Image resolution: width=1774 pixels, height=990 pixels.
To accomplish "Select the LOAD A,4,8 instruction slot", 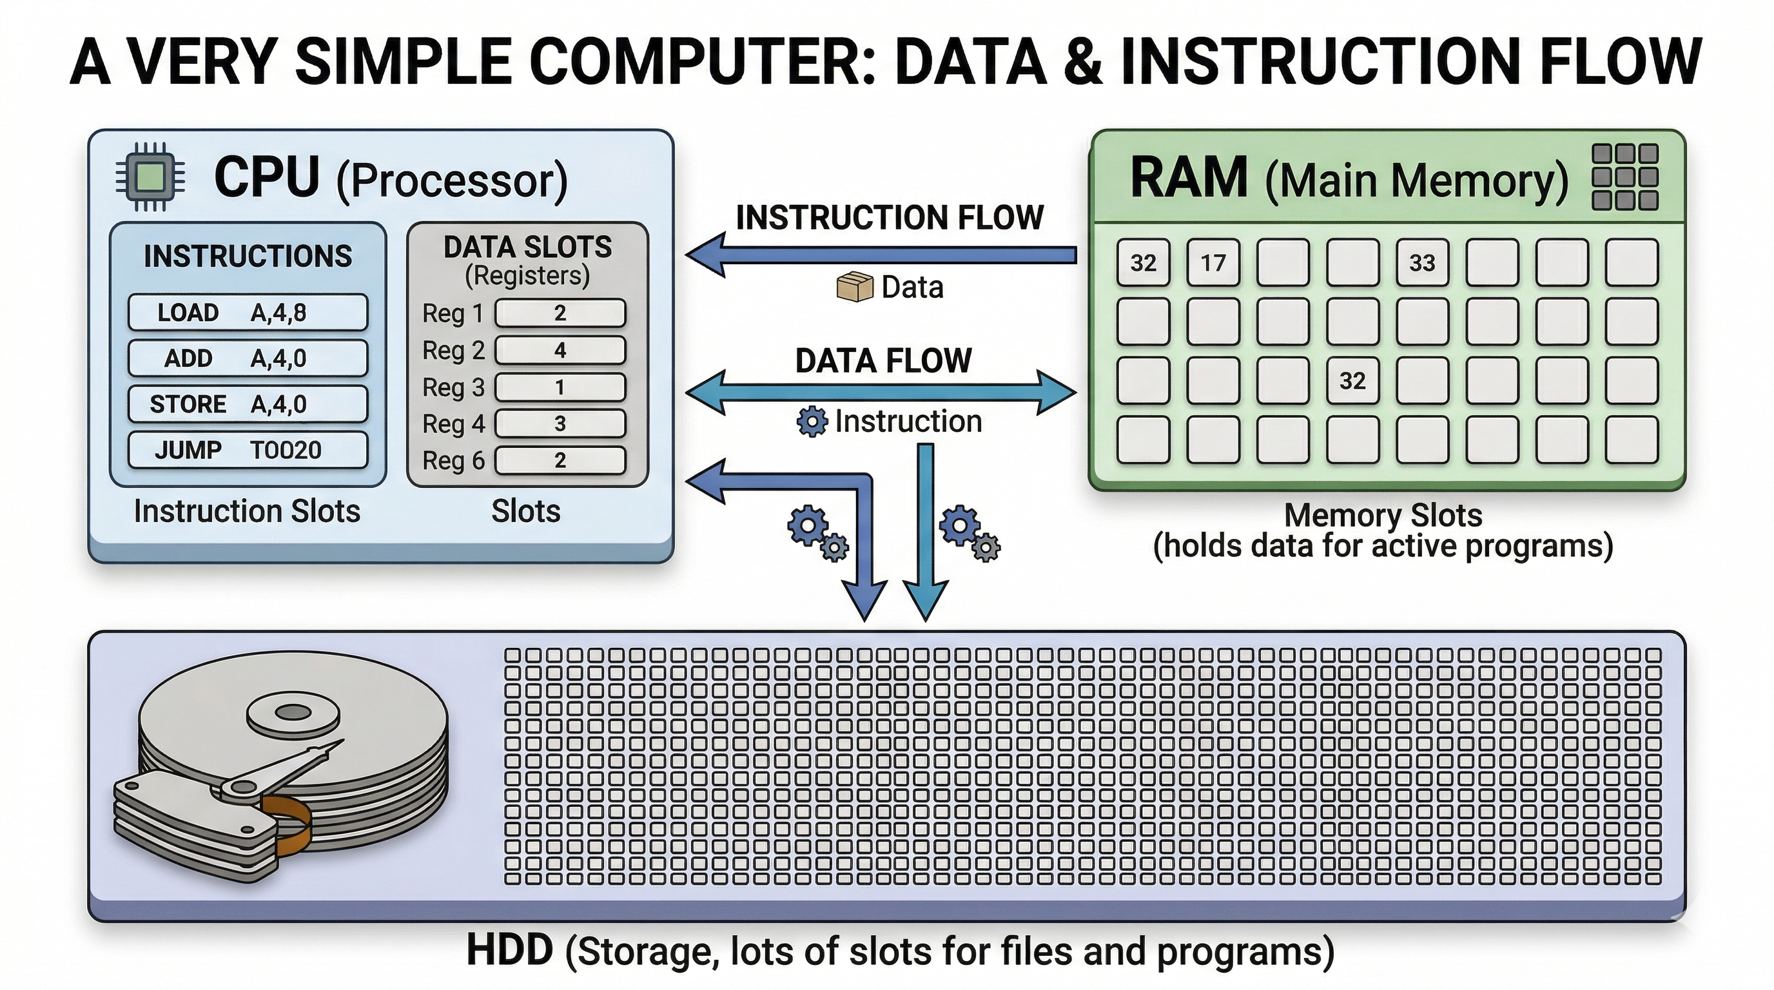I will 248,313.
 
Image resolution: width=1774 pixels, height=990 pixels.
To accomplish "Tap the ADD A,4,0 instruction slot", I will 248,358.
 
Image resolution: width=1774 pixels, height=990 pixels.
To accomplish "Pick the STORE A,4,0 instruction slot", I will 248,404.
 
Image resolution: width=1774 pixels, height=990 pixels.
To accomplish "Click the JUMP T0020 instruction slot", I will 248,451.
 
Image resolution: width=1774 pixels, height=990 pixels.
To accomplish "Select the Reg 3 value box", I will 560,387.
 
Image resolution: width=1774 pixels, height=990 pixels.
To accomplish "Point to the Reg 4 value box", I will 560,423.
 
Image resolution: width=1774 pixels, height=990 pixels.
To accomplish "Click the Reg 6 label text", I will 453,461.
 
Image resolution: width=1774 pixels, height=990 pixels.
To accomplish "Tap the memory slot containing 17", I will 1213,262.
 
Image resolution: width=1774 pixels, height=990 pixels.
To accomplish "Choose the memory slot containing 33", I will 1422,262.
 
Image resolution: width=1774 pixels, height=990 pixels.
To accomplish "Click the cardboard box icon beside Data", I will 855,287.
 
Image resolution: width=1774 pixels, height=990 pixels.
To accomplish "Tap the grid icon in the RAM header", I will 1625,177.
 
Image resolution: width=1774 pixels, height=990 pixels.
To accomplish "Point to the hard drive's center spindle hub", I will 293,713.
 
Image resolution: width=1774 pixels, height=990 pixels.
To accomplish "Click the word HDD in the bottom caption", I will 510,951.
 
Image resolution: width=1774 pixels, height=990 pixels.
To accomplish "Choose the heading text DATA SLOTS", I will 527,247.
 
